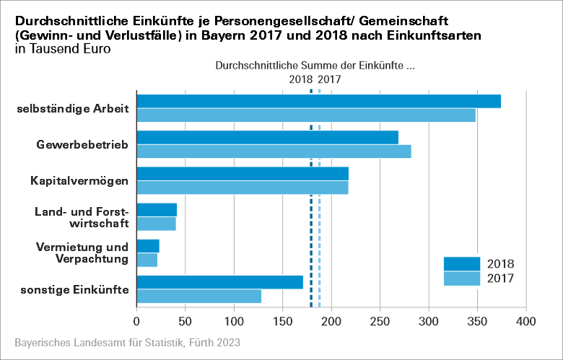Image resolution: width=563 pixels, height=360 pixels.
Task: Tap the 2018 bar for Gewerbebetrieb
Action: click(x=267, y=137)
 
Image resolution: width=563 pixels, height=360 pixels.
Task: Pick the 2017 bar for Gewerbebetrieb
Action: click(x=274, y=151)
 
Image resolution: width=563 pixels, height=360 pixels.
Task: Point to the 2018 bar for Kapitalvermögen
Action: click(x=243, y=173)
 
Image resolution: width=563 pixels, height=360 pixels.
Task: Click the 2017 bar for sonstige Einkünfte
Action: click(x=198, y=296)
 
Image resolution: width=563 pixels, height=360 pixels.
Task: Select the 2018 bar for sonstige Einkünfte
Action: click(x=219, y=282)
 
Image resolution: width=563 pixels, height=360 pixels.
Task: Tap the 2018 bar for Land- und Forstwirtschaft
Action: click(x=157, y=209)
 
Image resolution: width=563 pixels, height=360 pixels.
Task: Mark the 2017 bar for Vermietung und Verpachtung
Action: click(x=147, y=260)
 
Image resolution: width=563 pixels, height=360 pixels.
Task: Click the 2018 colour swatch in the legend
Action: click(x=461, y=263)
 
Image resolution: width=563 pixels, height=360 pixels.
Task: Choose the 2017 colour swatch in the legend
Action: click(x=461, y=278)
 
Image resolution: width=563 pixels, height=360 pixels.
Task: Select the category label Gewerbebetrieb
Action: click(x=82, y=145)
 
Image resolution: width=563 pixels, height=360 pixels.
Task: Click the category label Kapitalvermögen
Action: click(x=79, y=181)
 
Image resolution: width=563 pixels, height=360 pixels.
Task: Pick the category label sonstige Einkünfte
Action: click(x=75, y=289)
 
